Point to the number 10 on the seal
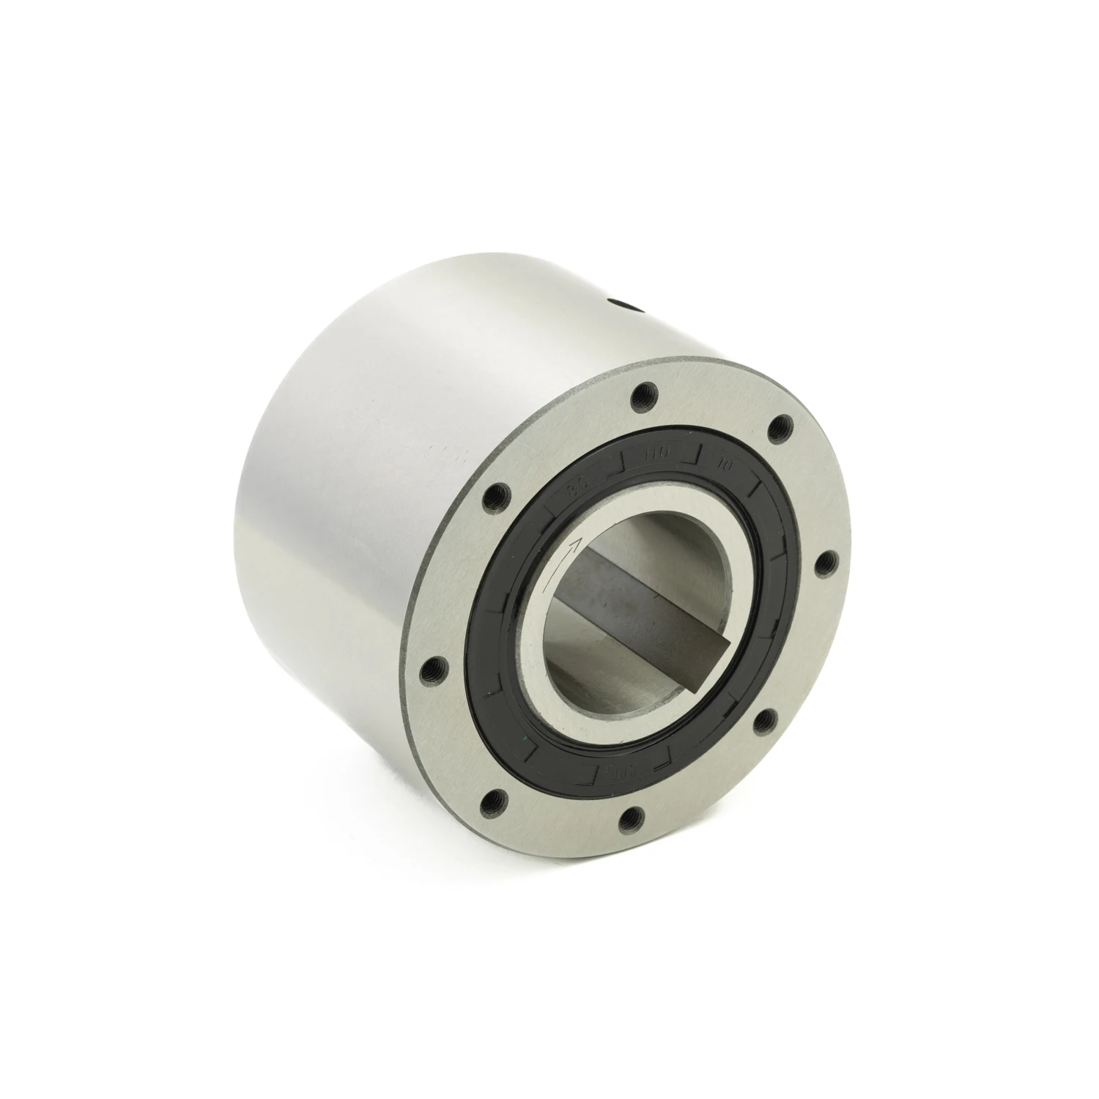pos(727,463)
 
